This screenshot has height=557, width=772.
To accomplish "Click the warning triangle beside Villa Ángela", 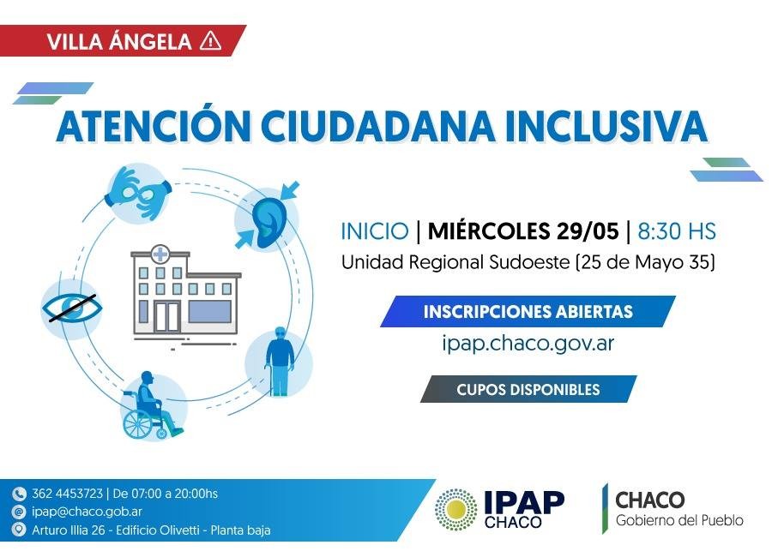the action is tap(211, 40).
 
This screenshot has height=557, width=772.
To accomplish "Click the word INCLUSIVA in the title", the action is tap(606, 126).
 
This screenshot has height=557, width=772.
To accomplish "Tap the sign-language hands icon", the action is tap(139, 193).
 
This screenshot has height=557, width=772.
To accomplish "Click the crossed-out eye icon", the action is tap(72, 308).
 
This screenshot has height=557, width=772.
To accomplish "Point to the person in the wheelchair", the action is tap(152, 406).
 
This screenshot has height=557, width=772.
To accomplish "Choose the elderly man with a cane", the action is tap(279, 361).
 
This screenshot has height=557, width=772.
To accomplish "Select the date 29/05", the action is tap(588, 231).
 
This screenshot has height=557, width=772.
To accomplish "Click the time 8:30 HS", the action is tap(677, 231).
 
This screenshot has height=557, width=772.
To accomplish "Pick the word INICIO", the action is tap(375, 231).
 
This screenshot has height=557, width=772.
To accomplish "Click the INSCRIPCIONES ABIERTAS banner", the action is tap(528, 311).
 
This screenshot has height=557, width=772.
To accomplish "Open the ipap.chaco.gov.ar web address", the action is tap(528, 343).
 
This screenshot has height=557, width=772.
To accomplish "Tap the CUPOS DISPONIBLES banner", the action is tap(528, 389).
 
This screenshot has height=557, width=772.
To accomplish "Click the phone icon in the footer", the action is tap(19, 494).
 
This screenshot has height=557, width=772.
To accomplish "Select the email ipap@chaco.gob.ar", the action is tap(87, 512).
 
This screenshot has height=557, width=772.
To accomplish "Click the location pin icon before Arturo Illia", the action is tap(19, 530).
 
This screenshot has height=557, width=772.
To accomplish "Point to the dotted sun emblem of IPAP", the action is tap(456, 510).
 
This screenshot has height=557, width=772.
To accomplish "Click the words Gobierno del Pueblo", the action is tap(679, 520).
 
